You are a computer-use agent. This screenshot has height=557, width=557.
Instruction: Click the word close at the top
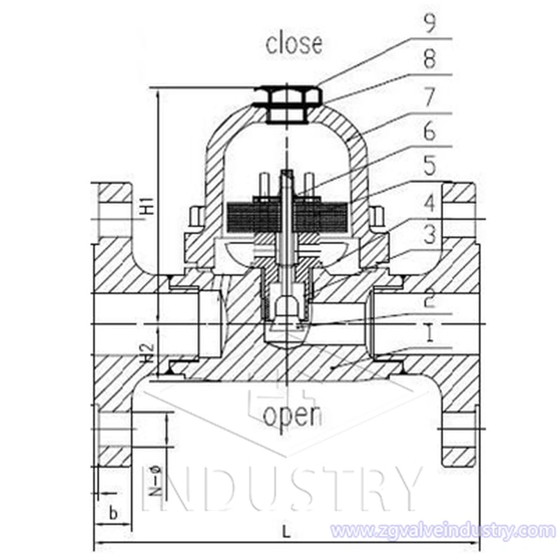(x=294, y=43)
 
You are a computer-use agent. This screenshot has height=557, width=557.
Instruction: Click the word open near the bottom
(x=292, y=415)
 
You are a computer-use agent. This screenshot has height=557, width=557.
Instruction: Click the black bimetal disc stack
(x=287, y=217)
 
